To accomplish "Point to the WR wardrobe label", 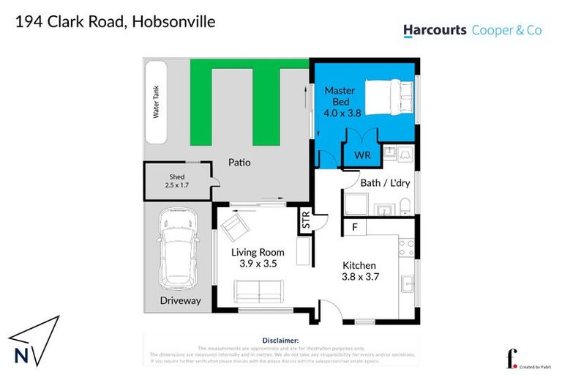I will (x=363, y=156).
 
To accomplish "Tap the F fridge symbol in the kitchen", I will (x=354, y=228).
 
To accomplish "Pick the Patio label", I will (x=239, y=162).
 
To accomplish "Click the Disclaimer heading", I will (x=280, y=341).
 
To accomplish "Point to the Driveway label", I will (x=180, y=301).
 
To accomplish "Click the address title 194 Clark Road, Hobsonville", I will (x=116, y=21).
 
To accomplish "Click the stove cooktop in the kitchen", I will (x=405, y=247).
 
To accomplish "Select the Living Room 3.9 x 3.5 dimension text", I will (x=258, y=258).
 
